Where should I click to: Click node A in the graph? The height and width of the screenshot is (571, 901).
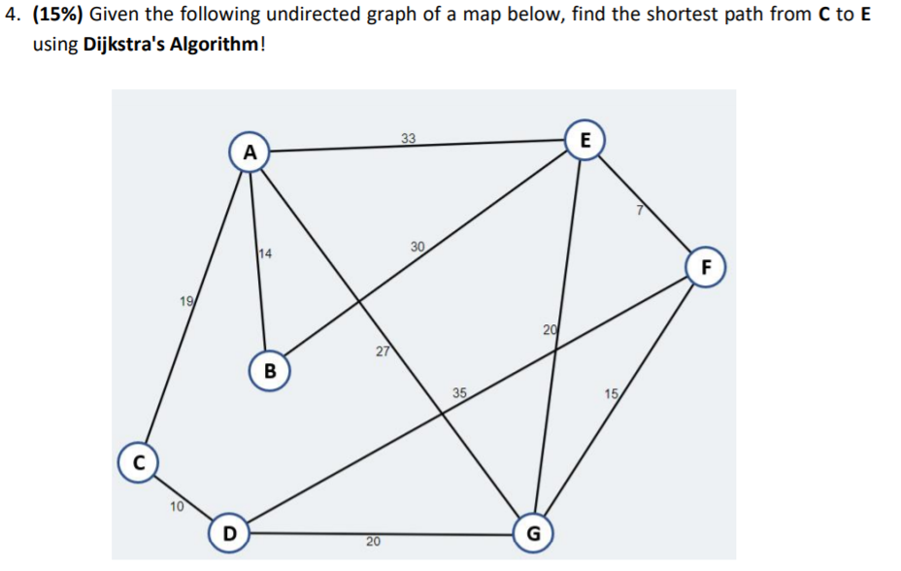tap(250, 152)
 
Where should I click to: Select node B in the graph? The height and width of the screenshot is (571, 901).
tap(270, 370)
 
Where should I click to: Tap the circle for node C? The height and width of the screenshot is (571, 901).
tap(139, 461)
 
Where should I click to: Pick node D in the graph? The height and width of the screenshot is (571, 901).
tap(228, 533)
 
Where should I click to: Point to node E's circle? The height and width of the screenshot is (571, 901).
tap(584, 139)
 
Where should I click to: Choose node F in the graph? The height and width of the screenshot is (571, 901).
tap(706, 266)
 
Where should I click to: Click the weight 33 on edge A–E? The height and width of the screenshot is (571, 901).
tap(409, 138)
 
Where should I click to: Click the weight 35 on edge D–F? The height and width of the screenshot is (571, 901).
tap(459, 393)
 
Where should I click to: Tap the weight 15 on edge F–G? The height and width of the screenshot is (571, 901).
tap(611, 393)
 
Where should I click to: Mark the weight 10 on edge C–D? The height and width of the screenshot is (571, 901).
tap(175, 505)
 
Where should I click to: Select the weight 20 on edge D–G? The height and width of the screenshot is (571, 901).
tap(373, 541)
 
